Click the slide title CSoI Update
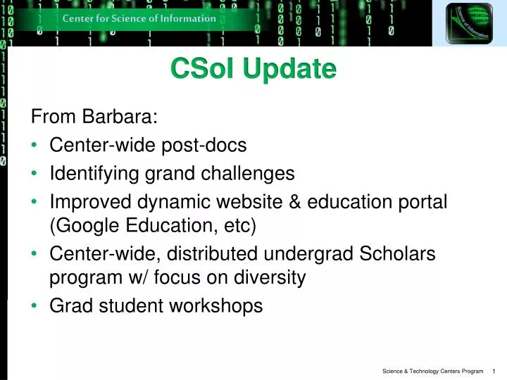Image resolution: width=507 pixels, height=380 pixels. (x=254, y=69)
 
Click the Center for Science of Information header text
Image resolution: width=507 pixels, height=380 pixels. (x=139, y=18)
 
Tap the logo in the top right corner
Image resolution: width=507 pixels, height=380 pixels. (x=469, y=23)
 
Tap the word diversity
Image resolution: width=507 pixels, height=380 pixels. (x=273, y=278)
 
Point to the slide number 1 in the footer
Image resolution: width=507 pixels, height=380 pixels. (x=495, y=371)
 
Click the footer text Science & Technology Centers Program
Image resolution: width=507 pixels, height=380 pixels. (x=433, y=371)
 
